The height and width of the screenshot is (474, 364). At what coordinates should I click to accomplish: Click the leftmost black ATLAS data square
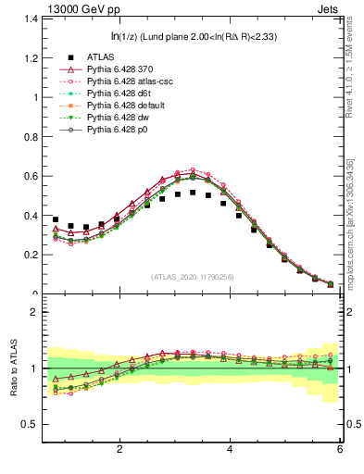(x=56, y=219)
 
